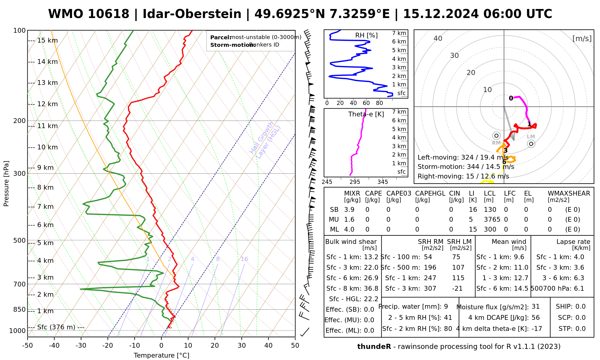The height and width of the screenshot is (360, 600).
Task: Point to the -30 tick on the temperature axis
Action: [81, 346]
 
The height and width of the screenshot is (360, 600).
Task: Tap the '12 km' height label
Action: [47, 104]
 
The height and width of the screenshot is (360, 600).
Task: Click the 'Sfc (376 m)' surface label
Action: [56, 327]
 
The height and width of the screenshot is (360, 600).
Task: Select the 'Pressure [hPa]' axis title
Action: [6, 184]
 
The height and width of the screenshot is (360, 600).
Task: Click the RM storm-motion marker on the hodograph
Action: [496, 136]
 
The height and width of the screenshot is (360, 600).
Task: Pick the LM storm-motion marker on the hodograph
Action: [531, 144]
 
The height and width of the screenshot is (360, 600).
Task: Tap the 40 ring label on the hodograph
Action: [438, 38]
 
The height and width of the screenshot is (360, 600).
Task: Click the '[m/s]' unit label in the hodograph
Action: [582, 39]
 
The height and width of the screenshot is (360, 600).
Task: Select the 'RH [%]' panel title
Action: [366, 35]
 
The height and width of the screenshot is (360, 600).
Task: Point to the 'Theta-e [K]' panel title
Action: [366, 114]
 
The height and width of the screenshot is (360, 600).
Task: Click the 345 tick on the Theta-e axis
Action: [382, 182]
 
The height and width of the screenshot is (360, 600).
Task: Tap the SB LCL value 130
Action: [490, 210]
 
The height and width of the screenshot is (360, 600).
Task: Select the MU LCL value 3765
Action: [492, 220]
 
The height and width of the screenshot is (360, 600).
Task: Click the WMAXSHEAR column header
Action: [569, 193]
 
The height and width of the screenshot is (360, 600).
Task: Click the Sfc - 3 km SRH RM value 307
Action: [430, 289]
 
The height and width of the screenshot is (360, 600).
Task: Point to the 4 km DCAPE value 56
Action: [535, 318]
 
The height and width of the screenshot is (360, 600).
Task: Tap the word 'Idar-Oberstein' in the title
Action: [192, 14]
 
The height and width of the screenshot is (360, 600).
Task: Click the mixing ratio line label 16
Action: [244, 259]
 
